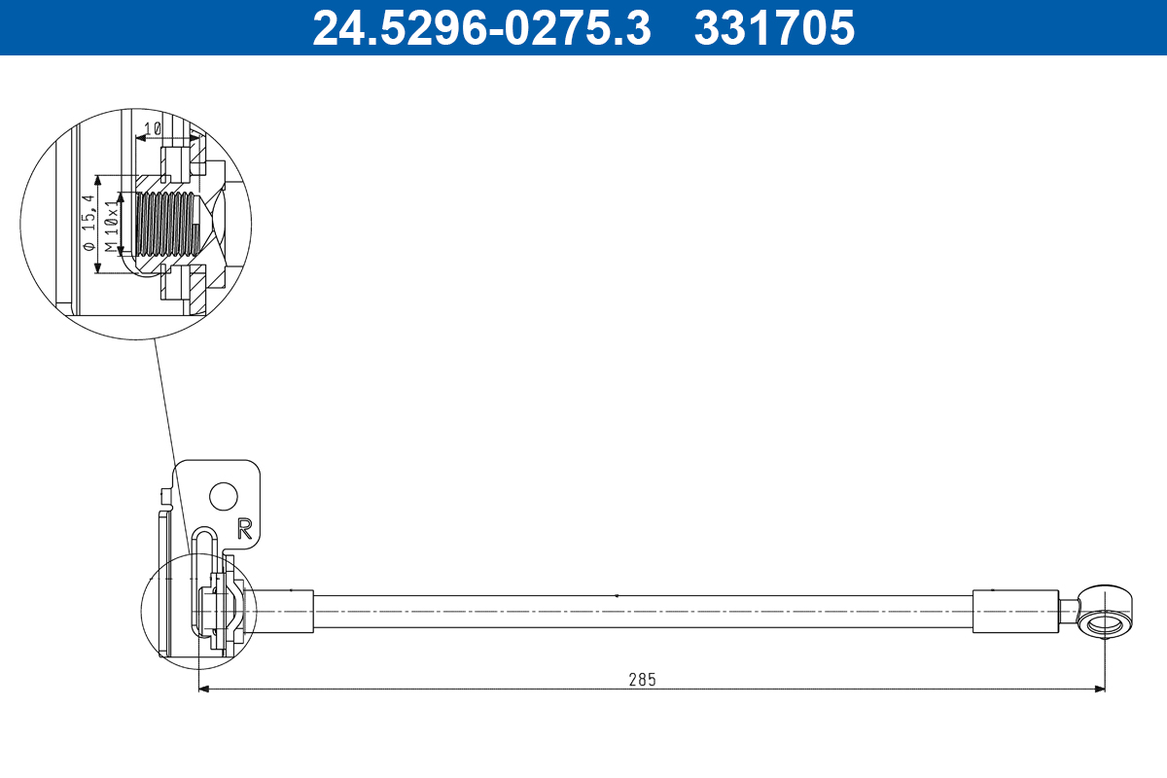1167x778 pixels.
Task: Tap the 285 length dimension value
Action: pos(642,680)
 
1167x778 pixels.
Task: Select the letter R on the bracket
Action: pos(244,528)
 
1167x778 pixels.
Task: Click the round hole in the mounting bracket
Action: pos(224,496)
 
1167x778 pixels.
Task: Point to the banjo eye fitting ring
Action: pos(1106,622)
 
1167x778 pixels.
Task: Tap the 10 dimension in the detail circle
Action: pos(152,128)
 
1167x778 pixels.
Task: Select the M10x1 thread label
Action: pos(112,224)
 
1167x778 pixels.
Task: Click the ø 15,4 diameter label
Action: pos(89,224)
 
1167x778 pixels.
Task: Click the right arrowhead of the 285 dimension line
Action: pos(1100,690)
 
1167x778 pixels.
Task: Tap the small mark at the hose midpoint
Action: pos(617,595)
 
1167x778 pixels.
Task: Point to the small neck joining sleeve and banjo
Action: pos(1068,612)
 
